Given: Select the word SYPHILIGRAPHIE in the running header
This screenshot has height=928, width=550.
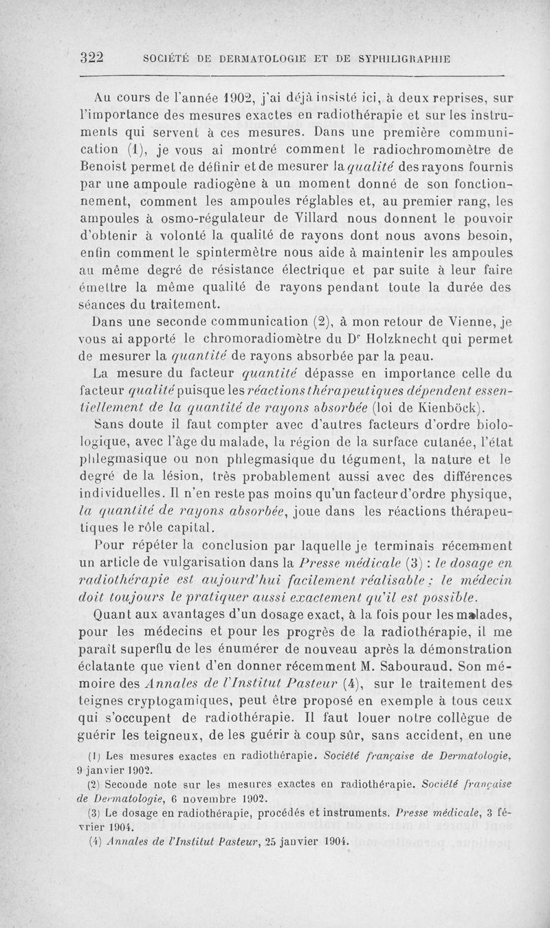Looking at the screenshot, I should pos(405,59).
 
